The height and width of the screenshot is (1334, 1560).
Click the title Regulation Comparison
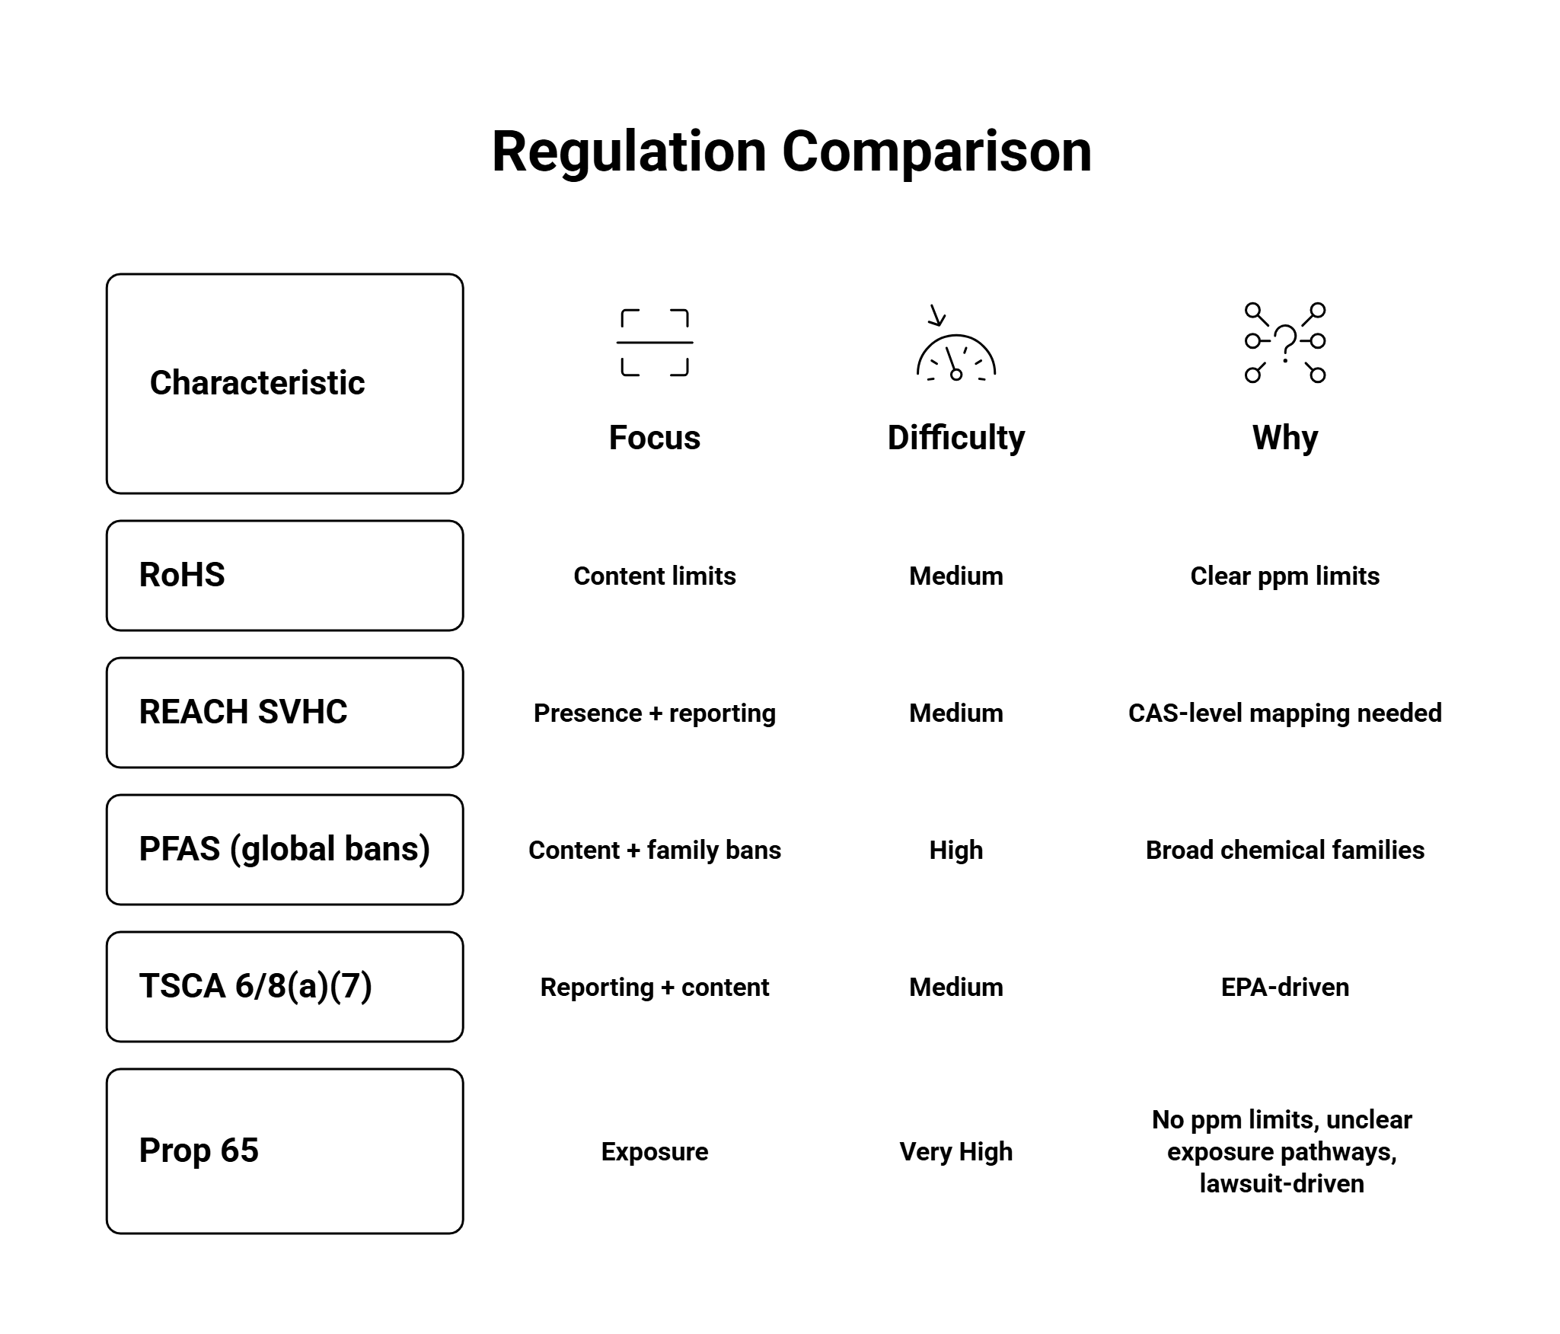click(791, 152)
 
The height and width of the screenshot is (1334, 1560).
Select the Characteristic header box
click(285, 383)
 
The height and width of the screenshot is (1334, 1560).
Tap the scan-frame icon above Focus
click(654, 343)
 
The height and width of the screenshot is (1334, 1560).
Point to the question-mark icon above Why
click(1284, 343)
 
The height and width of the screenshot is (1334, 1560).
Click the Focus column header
click(654, 438)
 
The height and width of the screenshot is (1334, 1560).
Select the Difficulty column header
click(955, 438)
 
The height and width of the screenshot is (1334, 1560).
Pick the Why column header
click(1284, 438)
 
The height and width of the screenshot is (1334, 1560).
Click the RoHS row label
click(285, 576)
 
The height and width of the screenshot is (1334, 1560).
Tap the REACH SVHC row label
click(285, 713)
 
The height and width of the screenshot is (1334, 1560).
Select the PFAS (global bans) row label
click(285, 850)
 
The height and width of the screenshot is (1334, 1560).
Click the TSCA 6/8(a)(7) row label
click(285, 987)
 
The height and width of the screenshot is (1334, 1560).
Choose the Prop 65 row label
click(285, 1151)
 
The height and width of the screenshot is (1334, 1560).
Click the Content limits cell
click(654, 576)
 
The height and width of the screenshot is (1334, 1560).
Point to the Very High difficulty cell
click(955, 1152)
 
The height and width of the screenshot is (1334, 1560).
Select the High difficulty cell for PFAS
click(955, 851)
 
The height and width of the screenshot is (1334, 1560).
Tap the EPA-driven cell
click(1284, 988)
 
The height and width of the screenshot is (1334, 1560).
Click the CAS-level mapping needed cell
click(1284, 713)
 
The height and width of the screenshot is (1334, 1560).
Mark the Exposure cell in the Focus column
click(654, 1152)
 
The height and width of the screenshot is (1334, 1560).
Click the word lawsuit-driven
click(1281, 1184)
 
